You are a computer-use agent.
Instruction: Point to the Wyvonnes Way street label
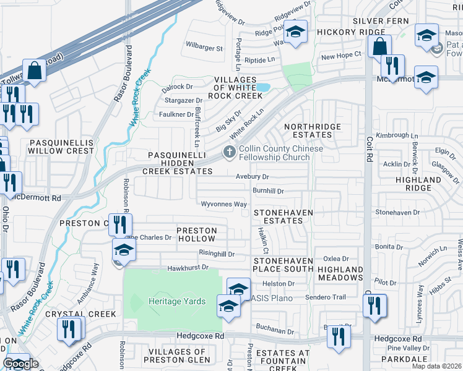(x=224, y=204)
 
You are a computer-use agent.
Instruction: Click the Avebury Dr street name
(x=255, y=176)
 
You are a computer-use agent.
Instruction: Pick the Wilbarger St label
(x=204, y=48)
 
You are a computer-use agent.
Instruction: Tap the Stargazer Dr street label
(x=182, y=100)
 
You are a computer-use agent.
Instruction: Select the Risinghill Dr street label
(x=217, y=254)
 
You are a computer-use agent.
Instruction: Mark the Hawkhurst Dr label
(x=186, y=269)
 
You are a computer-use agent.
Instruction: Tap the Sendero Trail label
(x=326, y=297)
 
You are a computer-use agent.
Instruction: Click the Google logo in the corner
(x=21, y=364)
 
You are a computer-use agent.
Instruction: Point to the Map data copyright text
(x=436, y=366)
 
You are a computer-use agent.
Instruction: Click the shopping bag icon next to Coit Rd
(x=379, y=46)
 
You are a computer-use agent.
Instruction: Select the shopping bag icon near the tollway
(x=35, y=70)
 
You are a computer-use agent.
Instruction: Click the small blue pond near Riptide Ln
(x=262, y=87)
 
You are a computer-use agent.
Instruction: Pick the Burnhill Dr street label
(x=268, y=192)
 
